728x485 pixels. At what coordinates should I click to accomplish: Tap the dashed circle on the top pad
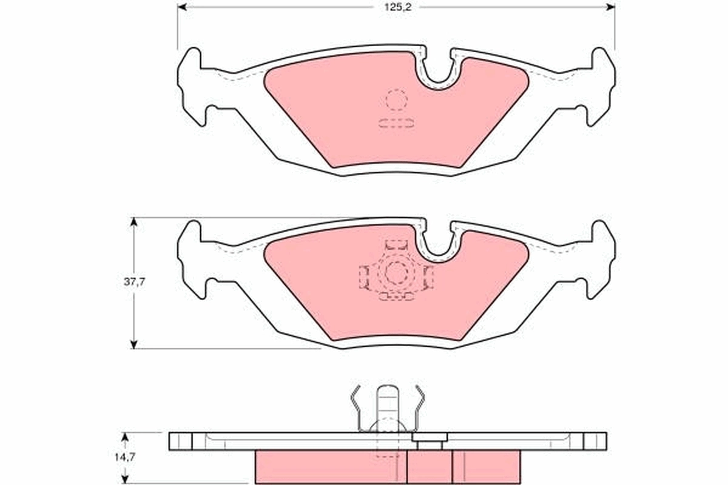tap(396, 100)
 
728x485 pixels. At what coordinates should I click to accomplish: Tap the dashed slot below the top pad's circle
tap(396, 124)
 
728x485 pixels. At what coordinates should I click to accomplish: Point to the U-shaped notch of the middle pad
tap(440, 242)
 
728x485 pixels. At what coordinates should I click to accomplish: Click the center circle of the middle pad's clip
tap(396, 273)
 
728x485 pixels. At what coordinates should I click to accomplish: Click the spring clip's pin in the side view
tap(388, 406)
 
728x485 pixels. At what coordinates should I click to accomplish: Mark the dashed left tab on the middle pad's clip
tap(364, 277)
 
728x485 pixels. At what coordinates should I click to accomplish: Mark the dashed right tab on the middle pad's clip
tap(429, 277)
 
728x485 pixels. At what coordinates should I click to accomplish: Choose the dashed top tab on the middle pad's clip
tap(396, 244)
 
